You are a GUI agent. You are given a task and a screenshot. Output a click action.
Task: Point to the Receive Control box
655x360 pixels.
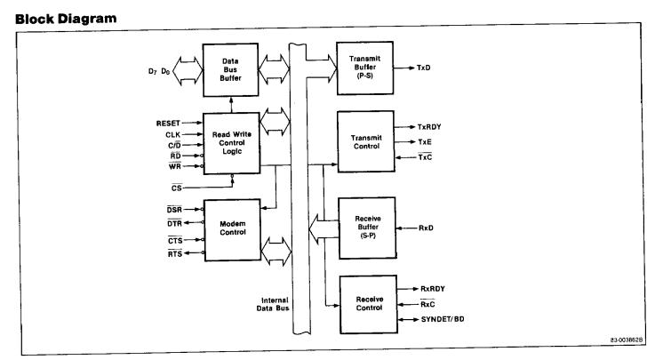[x=365, y=305]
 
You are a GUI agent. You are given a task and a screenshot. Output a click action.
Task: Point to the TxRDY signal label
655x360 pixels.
[x=432, y=127]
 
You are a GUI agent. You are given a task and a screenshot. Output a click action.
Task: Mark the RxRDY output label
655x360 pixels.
[x=432, y=289]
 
